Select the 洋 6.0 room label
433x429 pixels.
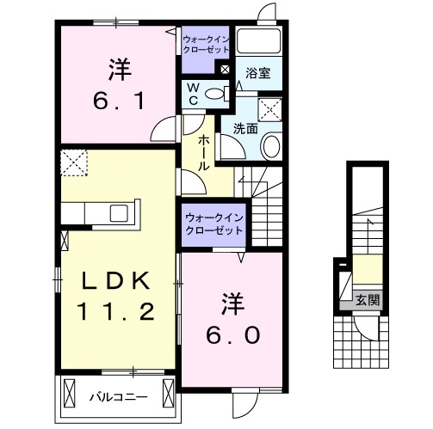point(232,319)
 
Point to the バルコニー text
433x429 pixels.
point(118,397)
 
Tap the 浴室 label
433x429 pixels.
point(259,73)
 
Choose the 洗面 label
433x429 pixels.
point(244,129)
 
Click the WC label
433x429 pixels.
point(193,94)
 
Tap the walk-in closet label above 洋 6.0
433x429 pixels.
point(212,224)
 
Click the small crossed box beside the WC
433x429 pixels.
point(224,70)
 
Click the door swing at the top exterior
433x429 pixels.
point(267,13)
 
